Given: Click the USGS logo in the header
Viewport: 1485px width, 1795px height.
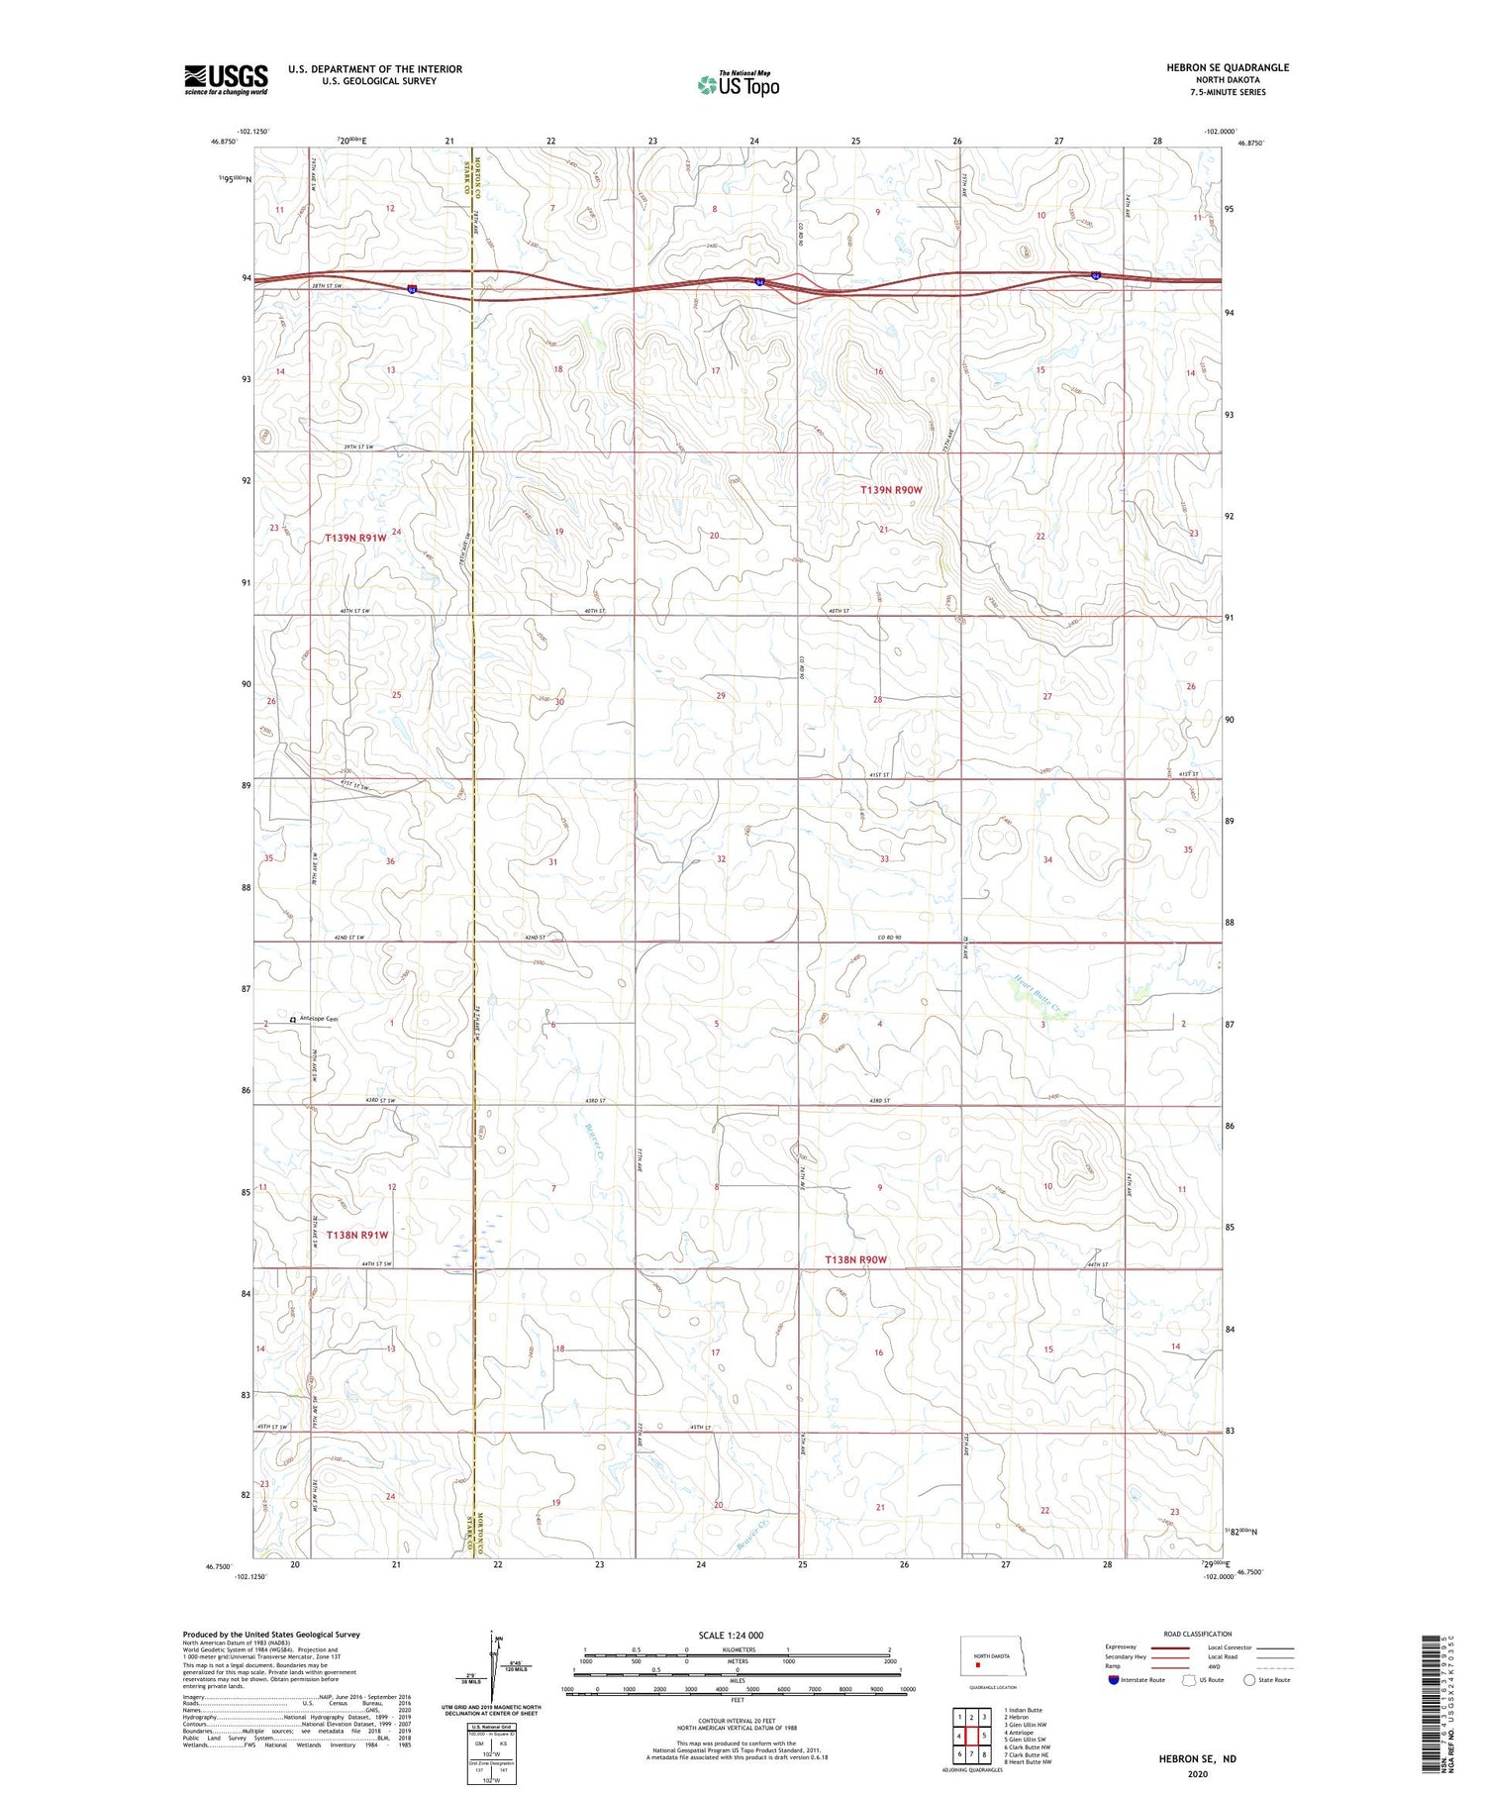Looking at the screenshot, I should coord(226,79).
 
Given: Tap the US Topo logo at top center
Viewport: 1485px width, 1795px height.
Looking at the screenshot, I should coord(738,85).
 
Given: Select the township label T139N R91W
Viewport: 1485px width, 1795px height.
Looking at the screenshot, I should coord(356,538).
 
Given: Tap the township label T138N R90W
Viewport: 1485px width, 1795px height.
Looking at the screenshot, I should coord(857,1259).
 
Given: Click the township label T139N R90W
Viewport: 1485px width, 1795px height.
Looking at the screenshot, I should coord(891,490).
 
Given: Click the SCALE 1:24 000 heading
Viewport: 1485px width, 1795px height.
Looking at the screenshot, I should coord(731,1635).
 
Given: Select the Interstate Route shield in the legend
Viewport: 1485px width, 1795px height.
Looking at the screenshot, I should coord(1114,1680).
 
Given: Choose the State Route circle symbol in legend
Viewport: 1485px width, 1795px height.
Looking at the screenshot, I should coord(1249,1680).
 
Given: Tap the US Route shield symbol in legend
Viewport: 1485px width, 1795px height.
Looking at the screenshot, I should coord(1189,1680).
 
